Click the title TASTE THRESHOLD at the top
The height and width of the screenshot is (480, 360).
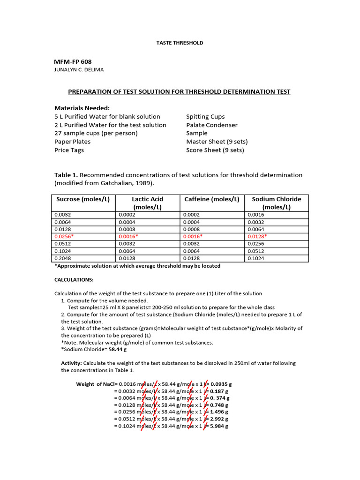click(x=180, y=43)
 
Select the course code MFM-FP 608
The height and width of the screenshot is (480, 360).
click(x=73, y=62)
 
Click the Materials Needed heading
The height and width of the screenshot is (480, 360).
click(x=82, y=108)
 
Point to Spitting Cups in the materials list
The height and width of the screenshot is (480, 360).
click(x=205, y=116)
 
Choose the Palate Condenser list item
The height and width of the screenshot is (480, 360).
click(x=212, y=125)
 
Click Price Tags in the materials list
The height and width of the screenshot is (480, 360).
click(x=69, y=150)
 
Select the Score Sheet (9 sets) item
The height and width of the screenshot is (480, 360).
click(x=215, y=150)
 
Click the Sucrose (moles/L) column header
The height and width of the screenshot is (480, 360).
click(x=83, y=199)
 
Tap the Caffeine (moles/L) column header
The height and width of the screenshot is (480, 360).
click(x=212, y=199)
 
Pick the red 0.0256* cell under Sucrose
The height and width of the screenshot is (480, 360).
click(x=65, y=237)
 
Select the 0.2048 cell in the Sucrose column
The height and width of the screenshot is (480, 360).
click(x=63, y=258)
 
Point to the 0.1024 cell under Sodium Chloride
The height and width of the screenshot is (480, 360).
click(x=255, y=258)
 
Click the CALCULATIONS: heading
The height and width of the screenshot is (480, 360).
click(x=74, y=280)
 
